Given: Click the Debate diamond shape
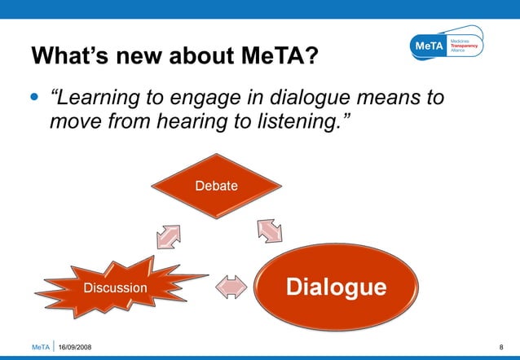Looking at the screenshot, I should [216, 186].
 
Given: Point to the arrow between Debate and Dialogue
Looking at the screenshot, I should [268, 230].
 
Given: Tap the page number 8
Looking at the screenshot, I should [500, 348].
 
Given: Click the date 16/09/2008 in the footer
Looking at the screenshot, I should [75, 348].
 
